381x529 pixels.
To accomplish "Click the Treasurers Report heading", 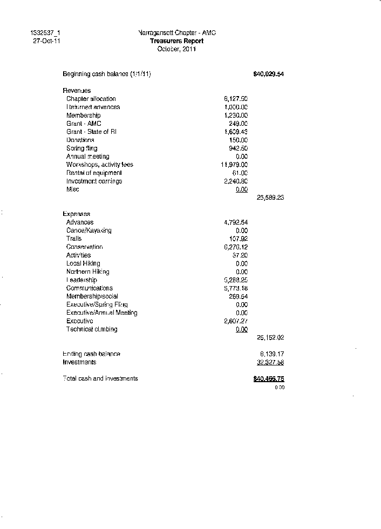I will tap(176, 41).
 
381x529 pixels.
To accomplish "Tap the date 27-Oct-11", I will tap(46, 41).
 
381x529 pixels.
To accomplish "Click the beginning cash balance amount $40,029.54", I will tap(268, 74).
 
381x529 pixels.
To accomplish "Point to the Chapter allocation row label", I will tap(91, 99).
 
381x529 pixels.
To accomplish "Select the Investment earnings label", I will tap(94, 181).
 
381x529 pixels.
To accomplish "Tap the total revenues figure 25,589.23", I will tap(270, 198).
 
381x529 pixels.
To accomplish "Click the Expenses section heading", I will tap(77, 214).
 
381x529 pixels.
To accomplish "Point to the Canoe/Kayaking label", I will tap(89, 230).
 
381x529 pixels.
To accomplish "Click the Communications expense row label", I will tap(89, 288).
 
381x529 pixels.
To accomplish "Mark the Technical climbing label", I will tap(91, 329).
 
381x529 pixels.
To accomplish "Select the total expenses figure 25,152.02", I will tap(270, 337).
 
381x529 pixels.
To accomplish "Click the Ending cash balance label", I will tap(91, 354).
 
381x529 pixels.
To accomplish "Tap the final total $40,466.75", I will tap(268, 379).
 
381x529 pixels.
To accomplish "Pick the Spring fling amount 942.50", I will tap(238, 148).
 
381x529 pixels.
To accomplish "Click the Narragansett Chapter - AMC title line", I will tap(177, 33).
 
